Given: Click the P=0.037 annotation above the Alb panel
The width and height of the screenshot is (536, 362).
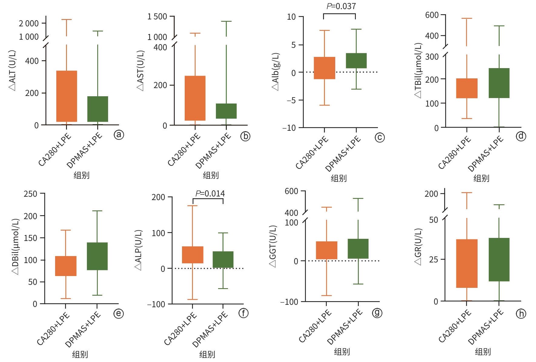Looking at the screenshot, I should [341, 6].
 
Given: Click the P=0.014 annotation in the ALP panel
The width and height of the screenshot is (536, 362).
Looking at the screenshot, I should [210, 194].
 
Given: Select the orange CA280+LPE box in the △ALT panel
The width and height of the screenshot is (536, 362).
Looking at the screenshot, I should [67, 96].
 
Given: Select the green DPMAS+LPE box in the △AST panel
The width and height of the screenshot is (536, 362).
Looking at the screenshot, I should [226, 111].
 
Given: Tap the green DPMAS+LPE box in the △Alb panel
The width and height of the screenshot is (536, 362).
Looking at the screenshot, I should [356, 61].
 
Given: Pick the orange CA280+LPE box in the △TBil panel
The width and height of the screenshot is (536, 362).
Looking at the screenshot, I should [467, 88].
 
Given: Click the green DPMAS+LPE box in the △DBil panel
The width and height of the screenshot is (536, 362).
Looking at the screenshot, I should [97, 256].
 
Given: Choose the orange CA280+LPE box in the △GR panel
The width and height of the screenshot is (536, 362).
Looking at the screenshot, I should [467, 263].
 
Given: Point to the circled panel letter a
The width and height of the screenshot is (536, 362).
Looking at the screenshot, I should [119, 135].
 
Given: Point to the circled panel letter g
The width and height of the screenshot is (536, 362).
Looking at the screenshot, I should [377, 312].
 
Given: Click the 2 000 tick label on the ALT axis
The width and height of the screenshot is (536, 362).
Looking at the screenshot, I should [29, 23].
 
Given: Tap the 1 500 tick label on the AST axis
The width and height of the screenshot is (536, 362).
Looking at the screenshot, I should [157, 17].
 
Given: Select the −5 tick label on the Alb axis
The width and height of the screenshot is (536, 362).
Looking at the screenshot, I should [291, 100].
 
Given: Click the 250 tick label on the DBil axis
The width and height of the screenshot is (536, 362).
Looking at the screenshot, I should [30, 194].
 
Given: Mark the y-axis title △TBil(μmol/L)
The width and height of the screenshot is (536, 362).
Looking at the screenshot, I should [418, 70].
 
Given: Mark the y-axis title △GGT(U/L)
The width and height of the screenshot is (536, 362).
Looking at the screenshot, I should [273, 246].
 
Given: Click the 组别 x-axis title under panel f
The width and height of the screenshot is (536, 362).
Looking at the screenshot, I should [207, 354].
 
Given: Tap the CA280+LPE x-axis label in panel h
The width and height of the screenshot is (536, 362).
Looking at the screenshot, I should [455, 326].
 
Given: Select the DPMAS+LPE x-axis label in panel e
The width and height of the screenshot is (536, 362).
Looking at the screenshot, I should [83, 329].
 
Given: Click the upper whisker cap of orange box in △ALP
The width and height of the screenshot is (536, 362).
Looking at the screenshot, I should [192, 206].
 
